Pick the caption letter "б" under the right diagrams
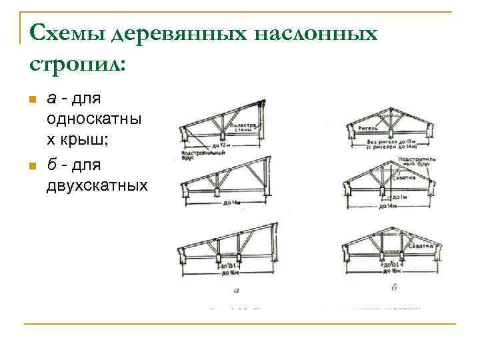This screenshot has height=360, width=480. point(395,288)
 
